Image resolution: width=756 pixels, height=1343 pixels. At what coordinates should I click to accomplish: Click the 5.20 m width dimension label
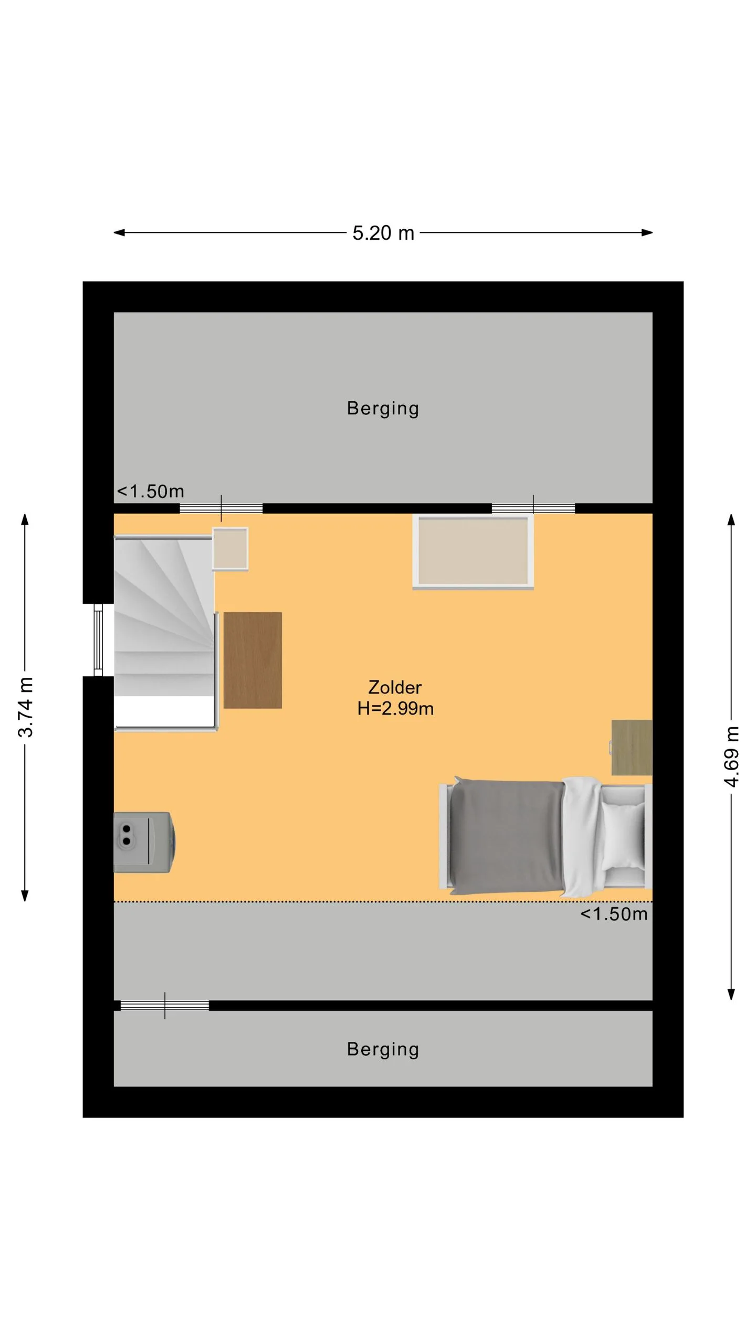click(383, 233)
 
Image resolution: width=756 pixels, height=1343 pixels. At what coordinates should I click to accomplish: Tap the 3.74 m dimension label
click(26, 707)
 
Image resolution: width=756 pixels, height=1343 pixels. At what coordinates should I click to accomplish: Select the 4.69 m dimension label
click(731, 756)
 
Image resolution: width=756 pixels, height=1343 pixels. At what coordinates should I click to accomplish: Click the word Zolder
click(395, 687)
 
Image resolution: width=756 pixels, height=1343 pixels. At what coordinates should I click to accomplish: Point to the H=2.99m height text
click(395, 709)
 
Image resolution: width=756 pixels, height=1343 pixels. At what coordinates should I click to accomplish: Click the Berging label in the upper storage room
click(383, 409)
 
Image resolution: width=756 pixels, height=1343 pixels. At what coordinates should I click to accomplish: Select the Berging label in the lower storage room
click(383, 1049)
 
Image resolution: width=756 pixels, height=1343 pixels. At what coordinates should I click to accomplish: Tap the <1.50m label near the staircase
click(150, 492)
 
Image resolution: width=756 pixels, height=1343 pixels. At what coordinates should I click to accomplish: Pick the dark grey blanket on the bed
click(507, 837)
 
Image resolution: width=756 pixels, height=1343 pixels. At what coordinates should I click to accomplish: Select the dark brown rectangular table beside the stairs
click(253, 660)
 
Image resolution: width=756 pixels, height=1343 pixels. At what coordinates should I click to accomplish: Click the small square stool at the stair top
click(230, 549)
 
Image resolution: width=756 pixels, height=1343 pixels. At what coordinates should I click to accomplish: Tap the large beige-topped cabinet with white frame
click(473, 551)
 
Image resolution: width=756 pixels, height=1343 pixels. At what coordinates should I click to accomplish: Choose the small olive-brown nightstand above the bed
click(631, 748)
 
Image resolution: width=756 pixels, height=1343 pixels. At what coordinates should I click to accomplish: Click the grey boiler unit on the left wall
click(144, 842)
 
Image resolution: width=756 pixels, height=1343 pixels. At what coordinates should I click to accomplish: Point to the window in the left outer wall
click(98, 640)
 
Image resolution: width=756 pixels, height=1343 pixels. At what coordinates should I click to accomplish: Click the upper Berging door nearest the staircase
click(221, 508)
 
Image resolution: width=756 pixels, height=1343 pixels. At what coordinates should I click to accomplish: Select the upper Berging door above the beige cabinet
click(533, 508)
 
